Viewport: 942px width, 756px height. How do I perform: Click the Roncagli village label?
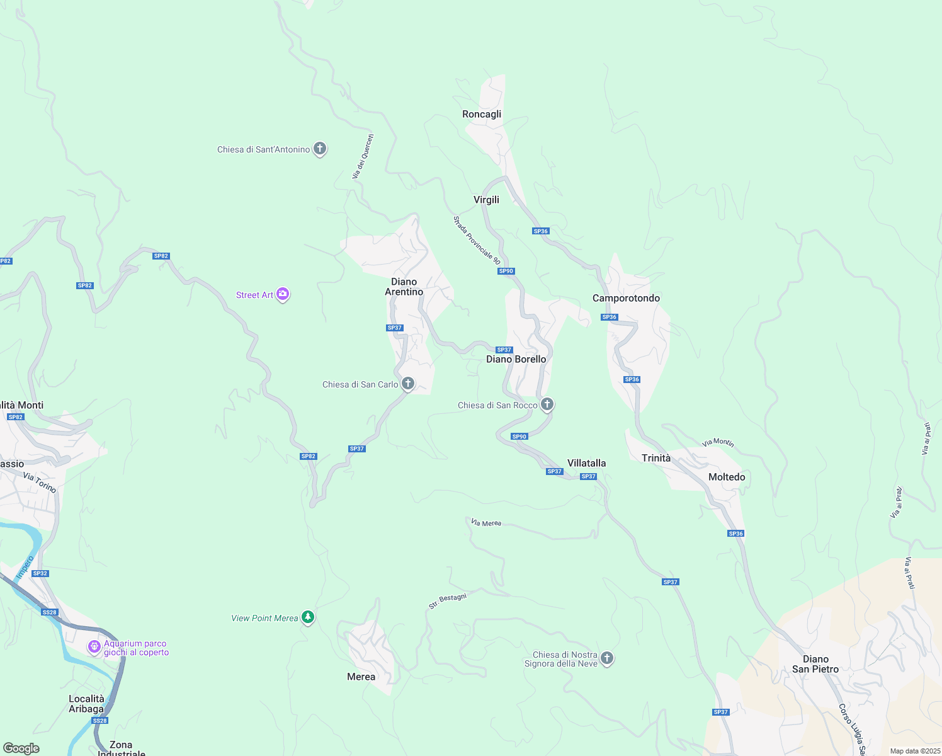[482, 114]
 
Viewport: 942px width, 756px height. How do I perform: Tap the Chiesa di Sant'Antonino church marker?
[320, 149]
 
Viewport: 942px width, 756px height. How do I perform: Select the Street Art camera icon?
[283, 294]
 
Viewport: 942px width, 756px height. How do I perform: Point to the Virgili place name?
[486, 200]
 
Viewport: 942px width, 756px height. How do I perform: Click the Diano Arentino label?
[404, 287]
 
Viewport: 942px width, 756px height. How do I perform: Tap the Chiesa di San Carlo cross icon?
[408, 383]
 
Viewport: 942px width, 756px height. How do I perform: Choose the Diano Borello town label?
[516, 359]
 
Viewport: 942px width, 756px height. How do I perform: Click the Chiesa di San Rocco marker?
[547, 404]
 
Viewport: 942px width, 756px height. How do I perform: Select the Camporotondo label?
[626, 298]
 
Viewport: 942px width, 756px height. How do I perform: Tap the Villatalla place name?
[586, 463]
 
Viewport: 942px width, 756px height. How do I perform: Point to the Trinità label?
[656, 458]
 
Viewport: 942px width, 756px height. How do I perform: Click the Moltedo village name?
[727, 477]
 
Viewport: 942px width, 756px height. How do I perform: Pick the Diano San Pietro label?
[815, 664]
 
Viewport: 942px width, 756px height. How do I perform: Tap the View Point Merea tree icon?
[308, 617]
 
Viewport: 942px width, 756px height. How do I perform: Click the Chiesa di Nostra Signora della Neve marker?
[607, 658]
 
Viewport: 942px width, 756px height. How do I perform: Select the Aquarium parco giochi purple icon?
[94, 647]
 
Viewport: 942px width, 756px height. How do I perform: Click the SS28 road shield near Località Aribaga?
[99, 720]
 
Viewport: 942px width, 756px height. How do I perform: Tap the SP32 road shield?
[40, 573]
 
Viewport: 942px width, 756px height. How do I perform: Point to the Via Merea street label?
[486, 523]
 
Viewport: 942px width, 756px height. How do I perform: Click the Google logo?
[21, 748]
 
